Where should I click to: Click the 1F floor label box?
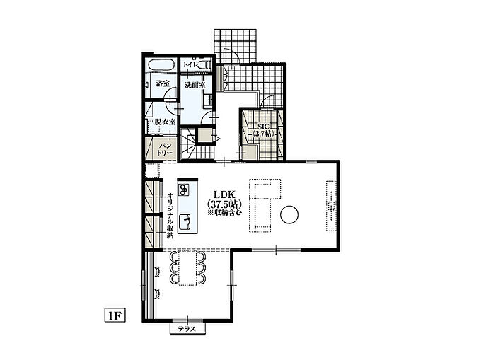[115, 315]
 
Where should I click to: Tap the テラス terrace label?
[187, 330]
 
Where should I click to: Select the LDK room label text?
[224, 194]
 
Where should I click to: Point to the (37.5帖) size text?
[224, 204]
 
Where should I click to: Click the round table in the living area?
[289, 214]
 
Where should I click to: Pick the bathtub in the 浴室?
[161, 64]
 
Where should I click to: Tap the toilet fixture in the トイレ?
[204, 64]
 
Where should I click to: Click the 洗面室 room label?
[195, 85]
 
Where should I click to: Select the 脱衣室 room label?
[165, 122]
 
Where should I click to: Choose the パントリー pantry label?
[165, 149]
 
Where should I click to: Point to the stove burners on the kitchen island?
[184, 190]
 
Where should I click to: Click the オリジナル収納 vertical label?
[170, 216]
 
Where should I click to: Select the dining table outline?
[187, 269]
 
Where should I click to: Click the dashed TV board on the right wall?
[331, 206]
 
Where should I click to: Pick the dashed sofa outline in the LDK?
[264, 206]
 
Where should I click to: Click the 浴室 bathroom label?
[163, 83]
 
